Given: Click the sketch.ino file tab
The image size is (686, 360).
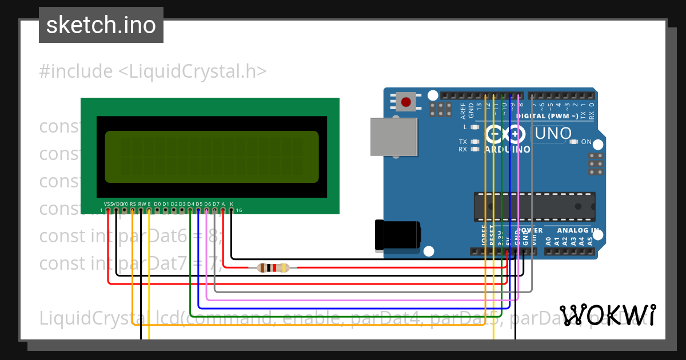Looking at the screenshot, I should point(101,25).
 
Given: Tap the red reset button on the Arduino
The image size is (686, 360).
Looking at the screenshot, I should point(406,102).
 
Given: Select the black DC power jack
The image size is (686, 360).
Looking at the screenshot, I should point(397,234).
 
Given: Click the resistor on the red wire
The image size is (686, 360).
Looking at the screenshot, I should point(273,267).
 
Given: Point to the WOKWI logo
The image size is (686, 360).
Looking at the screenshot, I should point(608,315).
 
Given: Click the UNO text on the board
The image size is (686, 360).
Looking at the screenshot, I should point(553,134).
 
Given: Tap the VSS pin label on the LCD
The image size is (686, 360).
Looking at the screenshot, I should point(108,204).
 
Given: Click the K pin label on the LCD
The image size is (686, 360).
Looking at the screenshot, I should point(232,204).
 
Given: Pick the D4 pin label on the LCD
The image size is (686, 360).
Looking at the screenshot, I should point(190,204).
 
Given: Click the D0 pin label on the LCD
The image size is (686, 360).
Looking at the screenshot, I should point(157,204).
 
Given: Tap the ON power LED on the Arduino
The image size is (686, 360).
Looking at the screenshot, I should point(573,142).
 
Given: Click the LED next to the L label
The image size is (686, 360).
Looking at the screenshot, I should point(474,127).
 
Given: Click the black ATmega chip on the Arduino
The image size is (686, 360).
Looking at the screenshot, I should point(535,207).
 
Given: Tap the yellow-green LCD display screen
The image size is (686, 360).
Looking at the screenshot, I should point(212,157).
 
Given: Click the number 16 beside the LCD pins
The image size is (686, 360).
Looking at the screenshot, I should point(239,211).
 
